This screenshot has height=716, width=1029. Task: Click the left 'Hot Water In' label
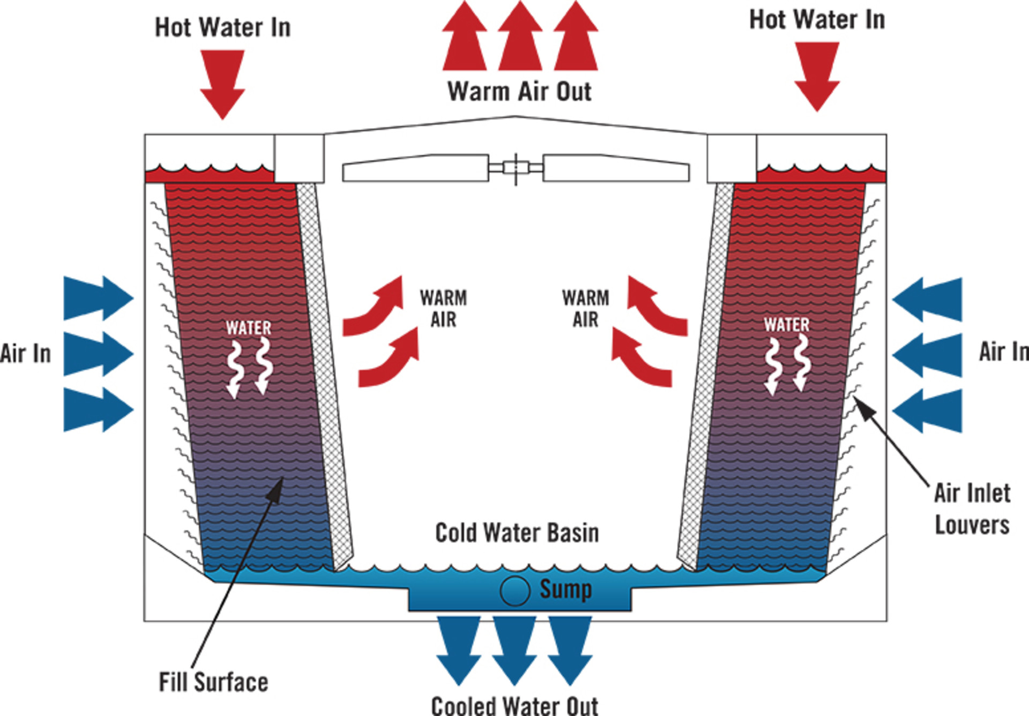click(x=222, y=27)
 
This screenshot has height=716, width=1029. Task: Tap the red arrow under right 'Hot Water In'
click(x=817, y=75)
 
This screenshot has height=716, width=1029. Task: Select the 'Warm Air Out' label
click(x=519, y=91)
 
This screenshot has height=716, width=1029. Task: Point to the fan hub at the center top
click(x=516, y=168)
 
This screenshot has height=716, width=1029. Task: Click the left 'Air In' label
click(x=25, y=354)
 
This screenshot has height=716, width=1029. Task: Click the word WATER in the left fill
click(x=248, y=327)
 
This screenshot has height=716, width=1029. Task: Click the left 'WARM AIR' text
click(x=443, y=309)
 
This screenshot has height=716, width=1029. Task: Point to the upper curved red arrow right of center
click(x=655, y=308)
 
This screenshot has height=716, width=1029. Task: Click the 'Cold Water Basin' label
click(x=517, y=533)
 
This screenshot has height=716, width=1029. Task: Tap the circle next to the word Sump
click(x=514, y=591)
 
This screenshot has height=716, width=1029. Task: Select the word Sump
click(x=565, y=590)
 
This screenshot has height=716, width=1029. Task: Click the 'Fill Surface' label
click(x=213, y=682)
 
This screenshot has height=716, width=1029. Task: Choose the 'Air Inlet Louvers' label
click(x=972, y=508)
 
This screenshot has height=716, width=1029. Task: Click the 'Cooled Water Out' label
click(x=514, y=705)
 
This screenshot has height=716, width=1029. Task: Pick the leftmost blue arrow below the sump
click(x=459, y=648)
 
